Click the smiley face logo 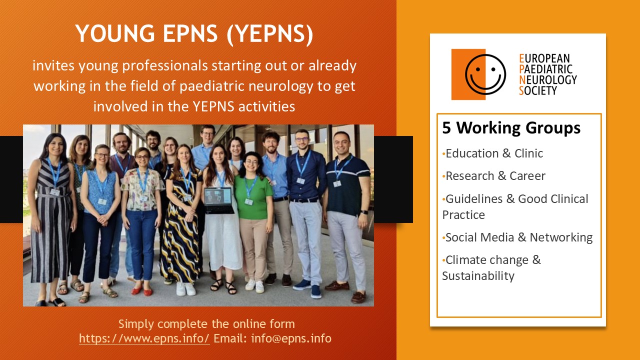tap(485, 74)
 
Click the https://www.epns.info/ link tap(144, 338)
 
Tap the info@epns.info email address tap(291, 338)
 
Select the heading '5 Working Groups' tap(511, 127)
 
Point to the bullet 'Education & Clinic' tap(492, 153)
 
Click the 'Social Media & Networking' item tap(517, 237)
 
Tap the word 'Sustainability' tap(478, 276)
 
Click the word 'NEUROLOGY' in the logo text tap(547, 79)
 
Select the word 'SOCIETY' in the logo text tap(538, 90)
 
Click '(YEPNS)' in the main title tap(269, 34)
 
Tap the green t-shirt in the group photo tap(253, 196)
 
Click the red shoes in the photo tap(141, 290)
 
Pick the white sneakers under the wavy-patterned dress tap(185, 288)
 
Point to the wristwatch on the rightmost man tap(364, 212)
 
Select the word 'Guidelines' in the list tap(473, 199)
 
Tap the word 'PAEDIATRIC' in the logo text tap(545, 69)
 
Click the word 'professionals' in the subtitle tap(165, 66)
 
